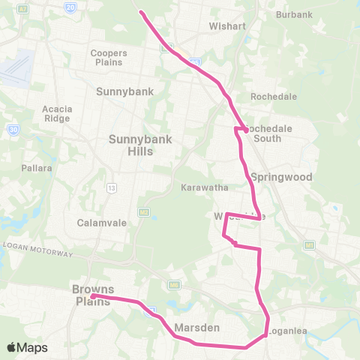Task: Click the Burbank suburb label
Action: coord(294,14)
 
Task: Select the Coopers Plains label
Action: coord(109,58)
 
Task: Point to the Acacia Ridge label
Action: coord(57,113)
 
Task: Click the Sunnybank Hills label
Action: coord(130,145)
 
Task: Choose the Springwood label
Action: coord(280,178)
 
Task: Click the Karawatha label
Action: coord(199,187)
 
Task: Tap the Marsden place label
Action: coord(196,328)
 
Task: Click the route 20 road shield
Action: coord(70,6)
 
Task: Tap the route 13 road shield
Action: coord(111,187)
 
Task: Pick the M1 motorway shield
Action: coord(308,245)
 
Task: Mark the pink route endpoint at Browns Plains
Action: coord(92,296)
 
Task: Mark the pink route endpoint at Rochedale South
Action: coord(246,130)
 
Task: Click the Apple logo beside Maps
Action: coord(12,347)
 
